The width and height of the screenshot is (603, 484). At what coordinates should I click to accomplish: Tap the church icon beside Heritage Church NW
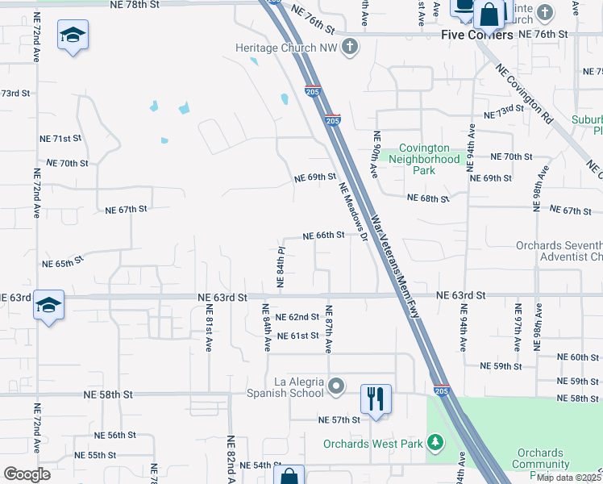click(x=350, y=47)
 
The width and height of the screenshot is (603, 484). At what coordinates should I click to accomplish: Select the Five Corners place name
click(x=477, y=35)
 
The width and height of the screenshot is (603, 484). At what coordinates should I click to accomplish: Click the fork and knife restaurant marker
click(x=376, y=398)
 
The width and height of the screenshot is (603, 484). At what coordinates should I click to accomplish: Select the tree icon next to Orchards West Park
click(x=435, y=443)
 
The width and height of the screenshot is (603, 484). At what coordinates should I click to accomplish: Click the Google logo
click(x=26, y=474)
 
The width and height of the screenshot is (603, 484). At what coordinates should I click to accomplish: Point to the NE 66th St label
click(x=324, y=236)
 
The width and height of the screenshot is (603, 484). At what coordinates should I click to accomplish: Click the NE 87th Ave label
click(x=329, y=329)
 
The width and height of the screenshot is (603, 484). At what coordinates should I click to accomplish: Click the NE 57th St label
click(x=339, y=420)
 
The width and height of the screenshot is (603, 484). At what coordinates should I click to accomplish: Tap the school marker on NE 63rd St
click(x=48, y=306)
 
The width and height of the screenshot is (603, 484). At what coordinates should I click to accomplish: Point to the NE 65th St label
click(x=63, y=263)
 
